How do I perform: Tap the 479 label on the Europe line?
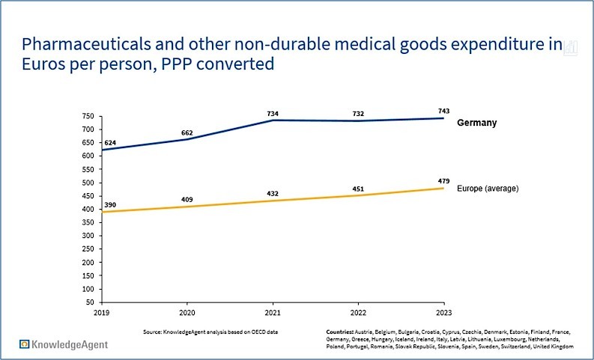click(x=444, y=180)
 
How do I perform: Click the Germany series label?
click(x=476, y=122)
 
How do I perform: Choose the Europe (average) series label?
click(x=488, y=189)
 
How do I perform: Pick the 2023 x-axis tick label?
click(x=444, y=311)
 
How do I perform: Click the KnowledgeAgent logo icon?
click(x=25, y=344)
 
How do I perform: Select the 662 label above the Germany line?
click(x=187, y=133)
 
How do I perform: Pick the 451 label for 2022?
click(x=358, y=189)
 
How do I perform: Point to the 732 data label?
click(x=358, y=114)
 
